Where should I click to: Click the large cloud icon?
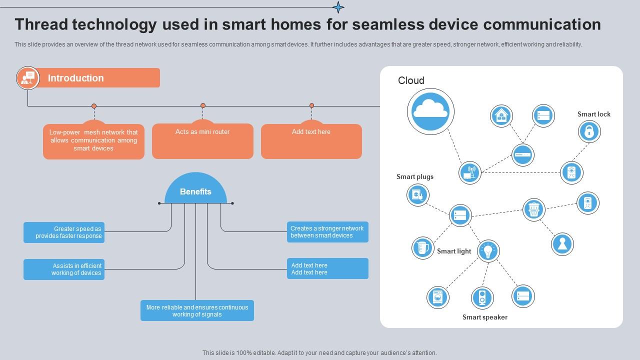430,111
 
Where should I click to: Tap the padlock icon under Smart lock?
589,131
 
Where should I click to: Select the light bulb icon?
488,250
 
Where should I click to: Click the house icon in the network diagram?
501,116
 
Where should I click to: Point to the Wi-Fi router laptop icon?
469,172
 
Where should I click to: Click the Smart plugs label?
415,176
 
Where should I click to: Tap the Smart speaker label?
484,317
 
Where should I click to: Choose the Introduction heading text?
75,78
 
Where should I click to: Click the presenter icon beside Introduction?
27,78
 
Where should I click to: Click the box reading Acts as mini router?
202,140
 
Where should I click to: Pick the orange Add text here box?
311,140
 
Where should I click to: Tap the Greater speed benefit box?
64,232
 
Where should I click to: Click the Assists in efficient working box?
64,269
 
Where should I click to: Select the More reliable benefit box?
197,310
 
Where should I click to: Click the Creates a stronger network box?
327,232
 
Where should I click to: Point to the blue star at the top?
338,7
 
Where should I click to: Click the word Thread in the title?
41,24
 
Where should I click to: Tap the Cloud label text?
411,80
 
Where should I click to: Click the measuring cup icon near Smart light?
422,247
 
